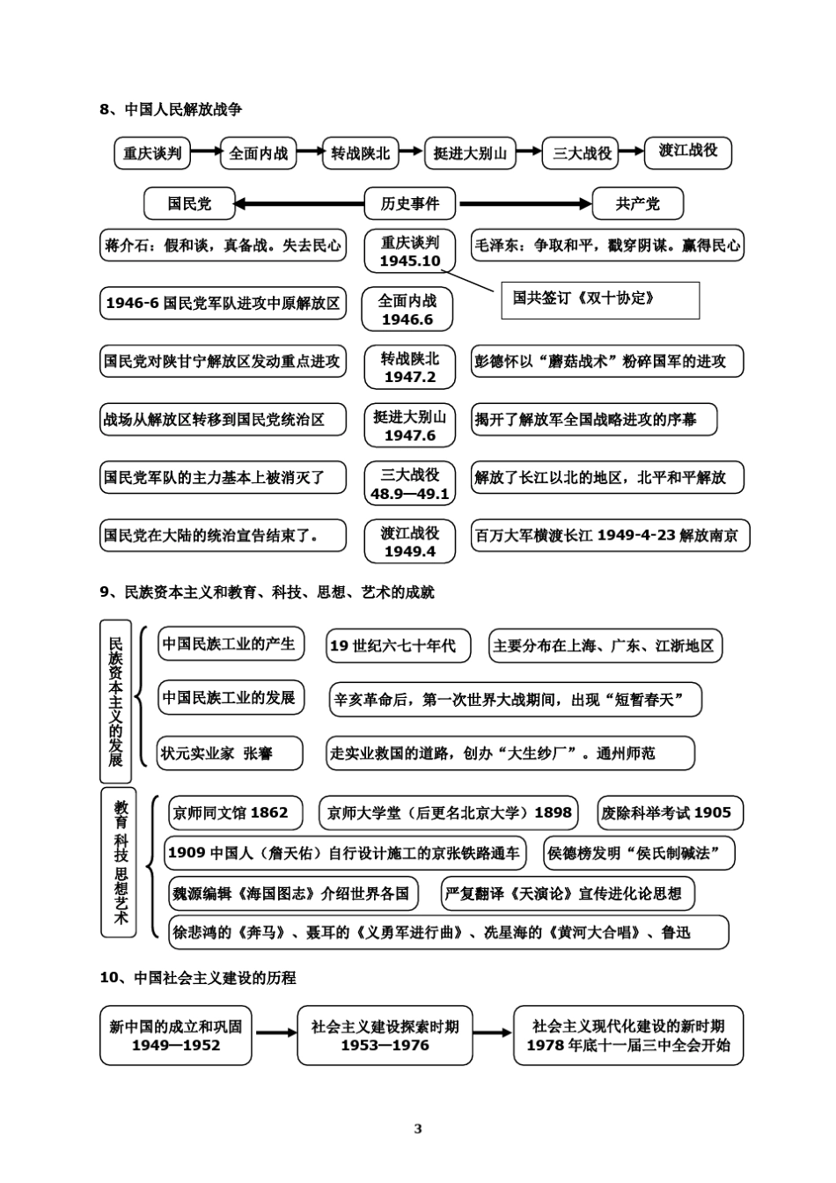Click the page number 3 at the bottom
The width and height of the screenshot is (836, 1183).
pyautogui.click(x=418, y=1129)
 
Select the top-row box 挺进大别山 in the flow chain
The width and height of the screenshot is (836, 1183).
pyautogui.click(x=470, y=153)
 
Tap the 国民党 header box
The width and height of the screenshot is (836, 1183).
pyautogui.click(x=189, y=204)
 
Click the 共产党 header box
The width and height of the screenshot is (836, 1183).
pyautogui.click(x=637, y=204)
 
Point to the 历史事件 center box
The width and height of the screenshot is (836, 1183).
pyautogui.click(x=409, y=204)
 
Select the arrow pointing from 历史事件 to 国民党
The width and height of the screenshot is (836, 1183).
pyautogui.click(x=299, y=204)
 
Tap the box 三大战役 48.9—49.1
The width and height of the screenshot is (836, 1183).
pyautogui.click(x=409, y=484)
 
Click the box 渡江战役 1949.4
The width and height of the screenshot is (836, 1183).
pyautogui.click(x=409, y=541)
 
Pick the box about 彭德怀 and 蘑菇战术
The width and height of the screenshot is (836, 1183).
pyautogui.click(x=606, y=361)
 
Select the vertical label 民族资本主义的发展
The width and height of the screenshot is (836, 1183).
pyautogui.click(x=115, y=702)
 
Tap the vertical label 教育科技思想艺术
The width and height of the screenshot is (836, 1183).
pyautogui.click(x=120, y=863)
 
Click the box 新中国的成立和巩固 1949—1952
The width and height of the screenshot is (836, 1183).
pyautogui.click(x=176, y=1035)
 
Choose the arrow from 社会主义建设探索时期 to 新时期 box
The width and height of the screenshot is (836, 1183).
pyautogui.click(x=492, y=1033)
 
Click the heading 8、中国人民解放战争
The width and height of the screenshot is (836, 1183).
pyautogui.click(x=171, y=109)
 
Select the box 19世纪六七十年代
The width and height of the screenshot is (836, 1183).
pyautogui.click(x=398, y=646)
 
